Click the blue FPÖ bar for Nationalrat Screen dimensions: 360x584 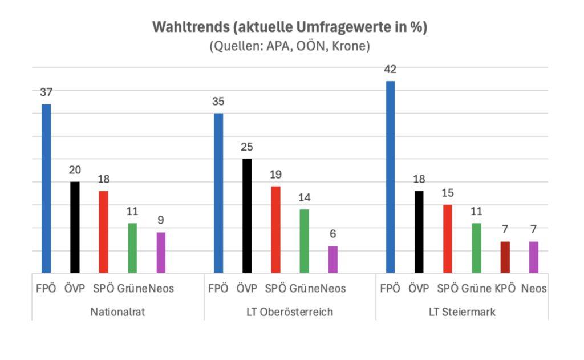tap(46, 188)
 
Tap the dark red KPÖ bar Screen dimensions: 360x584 tap(505, 257)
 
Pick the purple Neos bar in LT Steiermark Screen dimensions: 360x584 tap(534, 257)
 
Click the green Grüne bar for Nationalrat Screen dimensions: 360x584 tap(132, 248)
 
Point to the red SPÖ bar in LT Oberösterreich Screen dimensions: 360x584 tap(275, 229)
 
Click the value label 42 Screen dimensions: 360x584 tap(390, 70)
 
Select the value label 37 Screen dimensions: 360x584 tap(46, 92)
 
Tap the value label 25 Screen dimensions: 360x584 tap(247, 147)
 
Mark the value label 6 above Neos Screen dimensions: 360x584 tap(332, 234)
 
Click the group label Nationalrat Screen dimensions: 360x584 tap(117, 312)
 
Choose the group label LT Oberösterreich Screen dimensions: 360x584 tap(290, 312)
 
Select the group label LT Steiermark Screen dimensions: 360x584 tap(462, 312)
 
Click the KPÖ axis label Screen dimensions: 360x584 tap(505, 289)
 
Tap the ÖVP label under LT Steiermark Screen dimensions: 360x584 tap(419, 289)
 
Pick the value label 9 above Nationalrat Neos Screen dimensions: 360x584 tap(161, 220)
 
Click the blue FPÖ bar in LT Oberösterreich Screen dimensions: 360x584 tap(218, 193)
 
